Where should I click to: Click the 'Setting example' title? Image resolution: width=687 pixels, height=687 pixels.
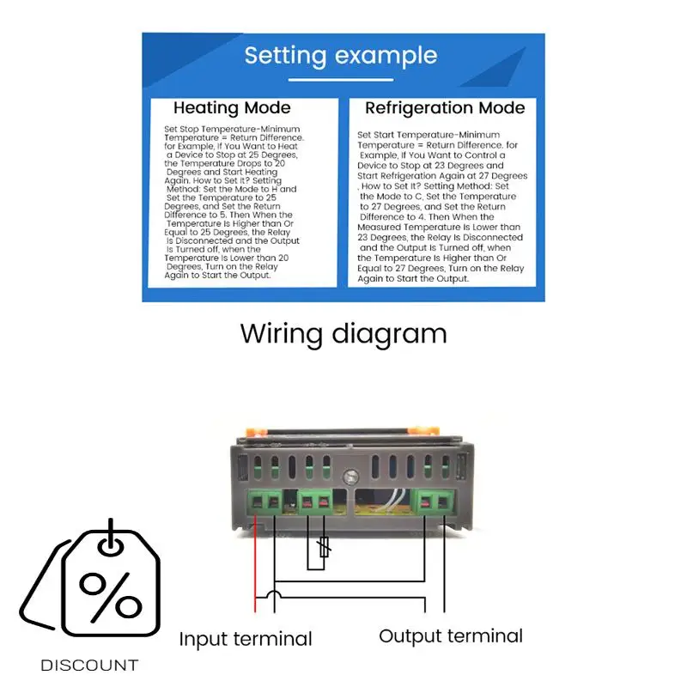click(x=341, y=56)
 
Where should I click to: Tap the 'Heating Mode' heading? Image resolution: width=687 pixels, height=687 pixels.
click(x=232, y=108)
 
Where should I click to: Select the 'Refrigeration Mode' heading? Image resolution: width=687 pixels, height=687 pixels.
click(x=445, y=108)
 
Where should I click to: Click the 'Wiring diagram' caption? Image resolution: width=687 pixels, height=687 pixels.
click(x=343, y=333)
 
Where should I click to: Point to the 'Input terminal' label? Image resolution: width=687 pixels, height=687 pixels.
click(x=246, y=639)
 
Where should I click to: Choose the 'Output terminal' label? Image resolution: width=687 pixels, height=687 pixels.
click(x=451, y=636)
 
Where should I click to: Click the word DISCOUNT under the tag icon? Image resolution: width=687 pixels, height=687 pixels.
click(x=89, y=665)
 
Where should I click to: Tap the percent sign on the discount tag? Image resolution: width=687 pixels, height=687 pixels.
click(x=110, y=593)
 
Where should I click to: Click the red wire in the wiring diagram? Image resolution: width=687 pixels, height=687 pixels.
click(x=255, y=567)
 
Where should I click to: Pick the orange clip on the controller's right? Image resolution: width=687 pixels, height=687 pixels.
click(x=418, y=427)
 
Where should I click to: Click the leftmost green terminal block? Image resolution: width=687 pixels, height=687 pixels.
click(x=266, y=502)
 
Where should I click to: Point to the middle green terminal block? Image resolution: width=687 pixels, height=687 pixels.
click(x=315, y=502)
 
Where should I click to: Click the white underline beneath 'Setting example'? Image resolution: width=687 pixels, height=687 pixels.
click(x=341, y=80)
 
